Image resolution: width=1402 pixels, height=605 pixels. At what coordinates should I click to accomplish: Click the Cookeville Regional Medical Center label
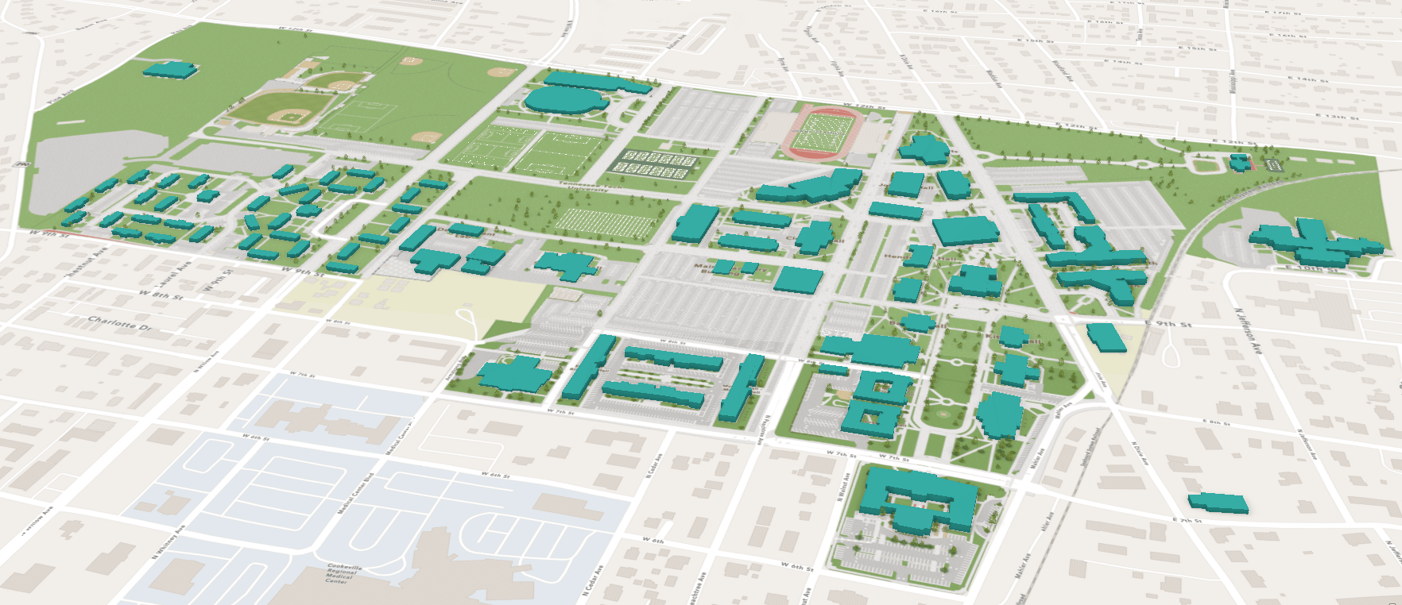click(x=338, y=573)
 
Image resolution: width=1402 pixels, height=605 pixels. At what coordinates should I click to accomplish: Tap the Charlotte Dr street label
click(x=119, y=323)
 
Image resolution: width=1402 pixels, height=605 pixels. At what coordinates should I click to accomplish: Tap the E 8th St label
click(x=1216, y=422)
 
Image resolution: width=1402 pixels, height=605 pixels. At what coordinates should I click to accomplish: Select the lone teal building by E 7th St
click(x=1218, y=502)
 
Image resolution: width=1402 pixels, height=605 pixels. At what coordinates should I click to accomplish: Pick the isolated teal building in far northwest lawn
click(x=170, y=70)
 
